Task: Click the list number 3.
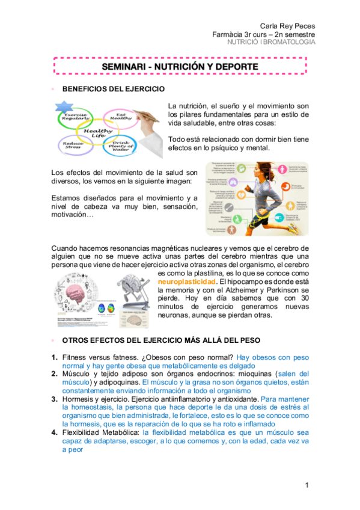click(54, 398)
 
